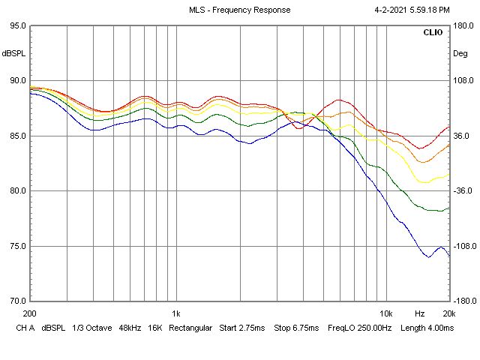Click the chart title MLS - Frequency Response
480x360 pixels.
[240, 10]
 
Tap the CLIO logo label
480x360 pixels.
[433, 33]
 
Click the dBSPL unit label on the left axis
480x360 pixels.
[13, 53]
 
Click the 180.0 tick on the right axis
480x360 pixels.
[462, 25]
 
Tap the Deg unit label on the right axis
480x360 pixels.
[459, 53]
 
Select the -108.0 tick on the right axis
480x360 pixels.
[463, 246]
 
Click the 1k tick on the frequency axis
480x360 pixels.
[176, 313]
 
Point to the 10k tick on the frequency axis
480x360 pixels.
[385, 313]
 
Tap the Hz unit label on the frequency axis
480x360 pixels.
[421, 313]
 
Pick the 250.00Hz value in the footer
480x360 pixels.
[367, 328]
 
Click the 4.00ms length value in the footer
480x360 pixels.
[437, 328]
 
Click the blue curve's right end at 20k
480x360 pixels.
[448, 256]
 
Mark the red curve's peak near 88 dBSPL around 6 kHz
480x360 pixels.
[340, 100]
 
